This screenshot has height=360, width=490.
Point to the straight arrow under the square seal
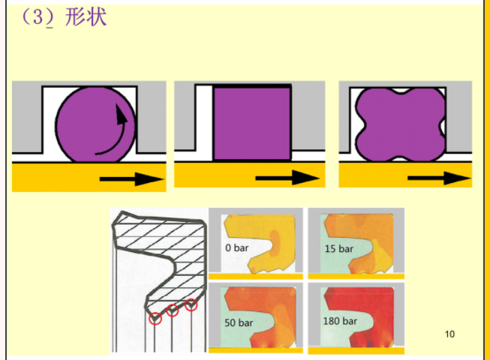[287, 178]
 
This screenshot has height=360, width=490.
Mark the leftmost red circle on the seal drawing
[155, 318]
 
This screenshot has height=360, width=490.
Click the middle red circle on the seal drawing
[173, 310]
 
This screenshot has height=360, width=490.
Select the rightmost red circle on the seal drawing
[191, 304]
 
